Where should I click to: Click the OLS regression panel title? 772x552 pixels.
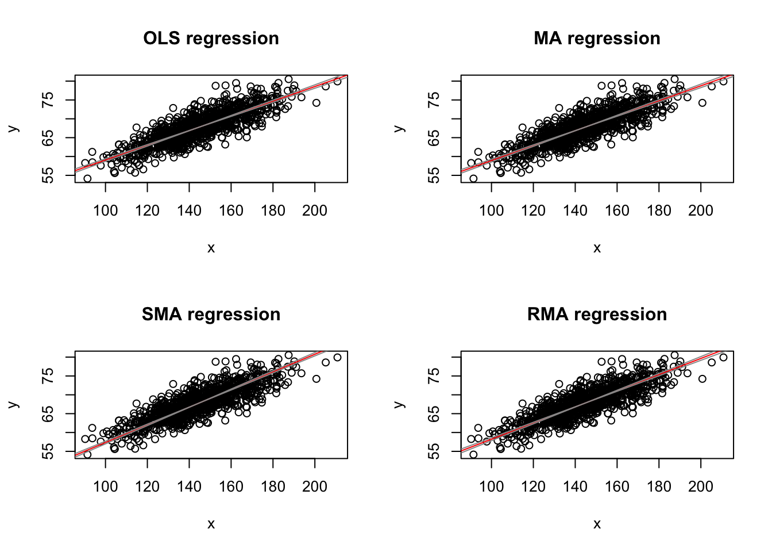tap(211, 39)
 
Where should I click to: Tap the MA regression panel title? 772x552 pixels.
tap(597, 39)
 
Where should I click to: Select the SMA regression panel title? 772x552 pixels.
tap(211, 315)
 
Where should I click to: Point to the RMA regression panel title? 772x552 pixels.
tap(597, 315)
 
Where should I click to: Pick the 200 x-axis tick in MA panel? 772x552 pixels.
tap(701, 210)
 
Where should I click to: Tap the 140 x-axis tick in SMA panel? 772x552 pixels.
tap(190, 486)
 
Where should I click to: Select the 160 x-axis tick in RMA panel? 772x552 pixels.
tap(617, 486)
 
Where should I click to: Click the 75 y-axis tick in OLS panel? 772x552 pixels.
tap(48, 100)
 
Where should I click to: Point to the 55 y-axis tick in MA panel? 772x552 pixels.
tap(434, 175)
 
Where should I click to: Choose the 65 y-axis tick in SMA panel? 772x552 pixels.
tap(48, 413)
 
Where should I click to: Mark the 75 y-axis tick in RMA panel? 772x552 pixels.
tap(434, 376)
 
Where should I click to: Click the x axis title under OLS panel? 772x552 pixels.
tap(211, 248)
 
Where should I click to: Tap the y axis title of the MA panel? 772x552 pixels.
tap(400, 129)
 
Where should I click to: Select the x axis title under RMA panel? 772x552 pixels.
tap(597, 524)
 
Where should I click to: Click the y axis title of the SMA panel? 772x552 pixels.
tap(14, 405)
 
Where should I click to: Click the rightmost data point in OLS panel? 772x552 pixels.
tap(337, 81)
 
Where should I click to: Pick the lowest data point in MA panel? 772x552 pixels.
tap(473, 178)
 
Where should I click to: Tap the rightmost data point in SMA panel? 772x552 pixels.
tap(337, 357)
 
